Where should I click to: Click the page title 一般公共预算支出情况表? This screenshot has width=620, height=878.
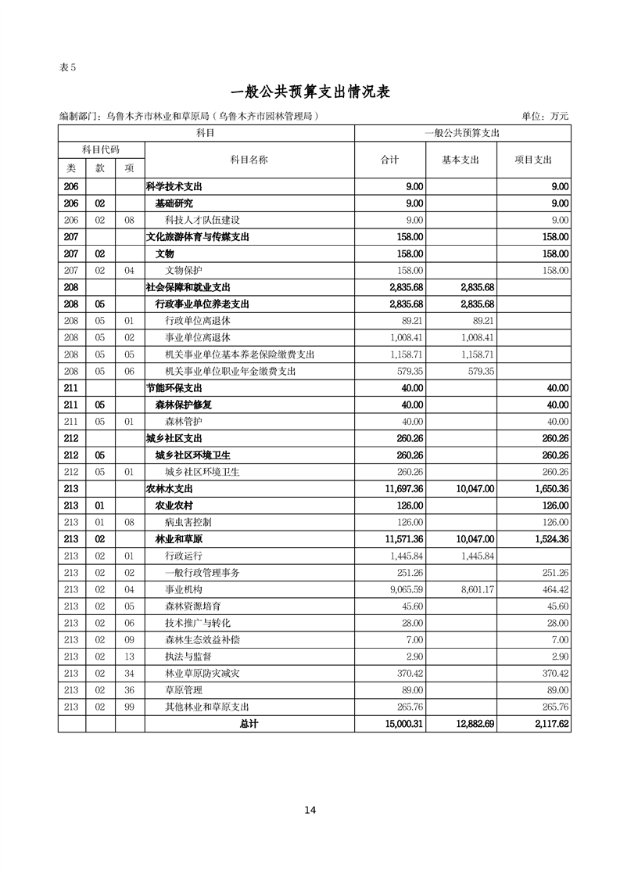click(310, 92)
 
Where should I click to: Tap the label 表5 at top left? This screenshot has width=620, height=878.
click(67, 67)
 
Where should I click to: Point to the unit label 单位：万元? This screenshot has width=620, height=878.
click(545, 116)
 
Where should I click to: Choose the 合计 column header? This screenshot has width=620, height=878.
click(389, 159)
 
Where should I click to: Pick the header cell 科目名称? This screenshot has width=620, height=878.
click(249, 159)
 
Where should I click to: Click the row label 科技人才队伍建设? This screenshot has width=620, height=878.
click(202, 220)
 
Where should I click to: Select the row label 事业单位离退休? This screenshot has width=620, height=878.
click(197, 337)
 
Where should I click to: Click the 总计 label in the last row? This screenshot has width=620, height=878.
click(249, 725)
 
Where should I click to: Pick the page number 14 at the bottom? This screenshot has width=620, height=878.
click(310, 810)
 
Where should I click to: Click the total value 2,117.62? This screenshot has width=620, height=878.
click(548, 725)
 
